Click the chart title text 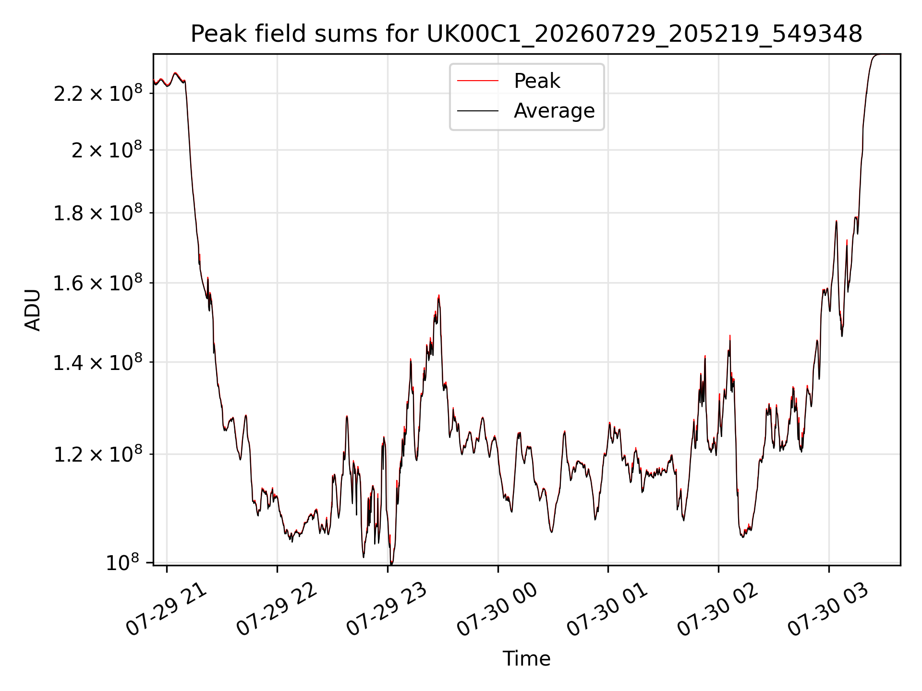click(526, 34)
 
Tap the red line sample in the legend click(478, 81)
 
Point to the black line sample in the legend click(478, 111)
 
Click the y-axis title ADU click(33, 310)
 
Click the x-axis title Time click(526, 658)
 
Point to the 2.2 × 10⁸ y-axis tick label click(98, 93)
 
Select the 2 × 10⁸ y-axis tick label click(107, 150)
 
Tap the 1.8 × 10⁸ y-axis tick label click(98, 213)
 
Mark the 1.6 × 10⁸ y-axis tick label click(98, 283)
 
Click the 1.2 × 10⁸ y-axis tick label click(98, 454)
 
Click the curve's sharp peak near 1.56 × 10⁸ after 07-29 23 click(439, 296)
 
